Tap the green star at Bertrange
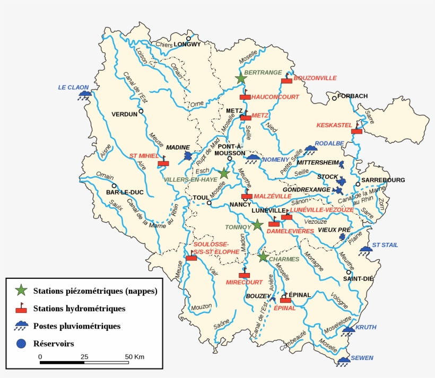[x=241, y=78]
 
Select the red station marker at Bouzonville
[x=286, y=80]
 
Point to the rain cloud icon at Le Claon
[x=84, y=95]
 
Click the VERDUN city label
[x=124, y=114]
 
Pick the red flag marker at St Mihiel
[x=163, y=163]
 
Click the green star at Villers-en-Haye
[x=224, y=173]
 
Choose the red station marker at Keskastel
[x=356, y=130]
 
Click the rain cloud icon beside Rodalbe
[x=310, y=151]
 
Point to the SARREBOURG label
[x=384, y=180]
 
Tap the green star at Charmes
[x=263, y=257]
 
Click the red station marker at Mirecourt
[x=244, y=275]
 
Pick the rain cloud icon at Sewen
[x=344, y=361]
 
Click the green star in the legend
[x=21, y=290]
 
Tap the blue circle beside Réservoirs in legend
[x=21, y=344]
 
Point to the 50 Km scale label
[x=134, y=356]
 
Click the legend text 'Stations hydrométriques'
[x=79, y=308]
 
